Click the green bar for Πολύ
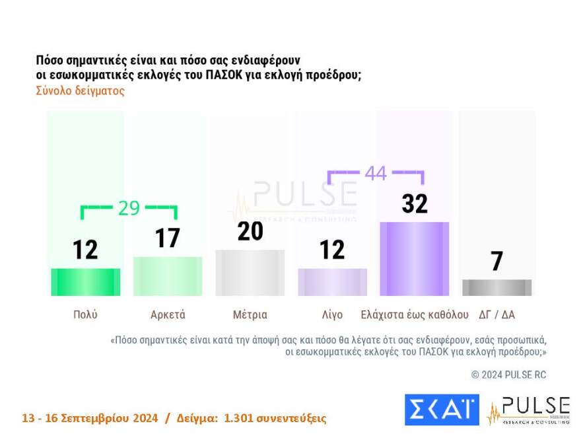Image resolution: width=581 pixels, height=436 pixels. coord(85,282)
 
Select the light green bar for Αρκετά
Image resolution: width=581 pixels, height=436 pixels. coord(168,276)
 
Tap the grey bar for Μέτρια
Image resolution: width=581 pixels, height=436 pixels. coord(250,273)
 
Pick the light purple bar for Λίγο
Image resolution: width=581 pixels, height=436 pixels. coord(332,282)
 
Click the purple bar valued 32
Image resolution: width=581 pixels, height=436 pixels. coord(415,259)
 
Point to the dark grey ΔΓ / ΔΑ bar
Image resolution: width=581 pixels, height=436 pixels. coord(496,287)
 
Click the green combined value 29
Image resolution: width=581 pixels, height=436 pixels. coord(129,207)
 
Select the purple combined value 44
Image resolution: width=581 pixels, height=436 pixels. coord(376,173)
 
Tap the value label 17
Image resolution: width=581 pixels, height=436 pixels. coord(168,238)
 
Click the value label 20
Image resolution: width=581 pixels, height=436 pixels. coord(250,231)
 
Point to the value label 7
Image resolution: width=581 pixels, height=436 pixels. coord(496,262)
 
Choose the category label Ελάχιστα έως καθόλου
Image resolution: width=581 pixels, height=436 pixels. coord(415,314)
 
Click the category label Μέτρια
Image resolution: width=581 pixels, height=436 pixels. coord(250,314)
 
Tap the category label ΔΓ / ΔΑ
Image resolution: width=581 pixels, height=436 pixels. coord(496,314)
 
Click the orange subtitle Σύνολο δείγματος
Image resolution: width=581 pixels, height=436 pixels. coord(80,91)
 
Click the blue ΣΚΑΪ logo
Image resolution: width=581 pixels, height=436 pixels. coord(442,410)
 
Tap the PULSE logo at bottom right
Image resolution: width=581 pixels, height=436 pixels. coord(528,410)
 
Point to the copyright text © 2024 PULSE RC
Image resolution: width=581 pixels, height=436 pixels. coord(508,375)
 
